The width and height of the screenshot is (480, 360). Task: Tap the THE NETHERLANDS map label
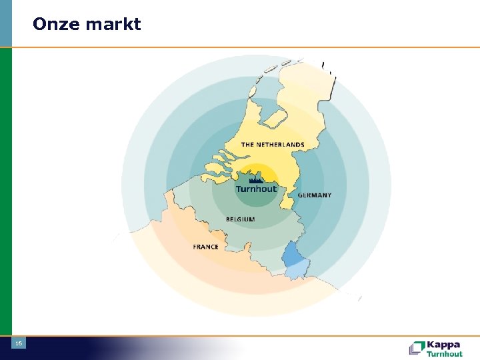272,145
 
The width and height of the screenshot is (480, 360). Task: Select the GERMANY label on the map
314,195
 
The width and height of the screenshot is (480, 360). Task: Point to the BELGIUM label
240,219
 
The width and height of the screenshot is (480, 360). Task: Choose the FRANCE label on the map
205,247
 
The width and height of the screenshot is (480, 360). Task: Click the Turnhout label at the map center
255,189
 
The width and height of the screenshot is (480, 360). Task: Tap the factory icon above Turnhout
255,179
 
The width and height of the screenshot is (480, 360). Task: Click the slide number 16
19,343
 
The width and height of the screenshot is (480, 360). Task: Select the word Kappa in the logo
443,345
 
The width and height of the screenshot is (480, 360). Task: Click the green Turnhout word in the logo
444,354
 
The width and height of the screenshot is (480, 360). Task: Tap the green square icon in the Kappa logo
417,348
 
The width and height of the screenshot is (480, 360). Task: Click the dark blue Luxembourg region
292,253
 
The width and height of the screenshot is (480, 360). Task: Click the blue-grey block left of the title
5,23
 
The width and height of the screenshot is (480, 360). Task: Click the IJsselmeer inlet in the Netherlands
273,120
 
